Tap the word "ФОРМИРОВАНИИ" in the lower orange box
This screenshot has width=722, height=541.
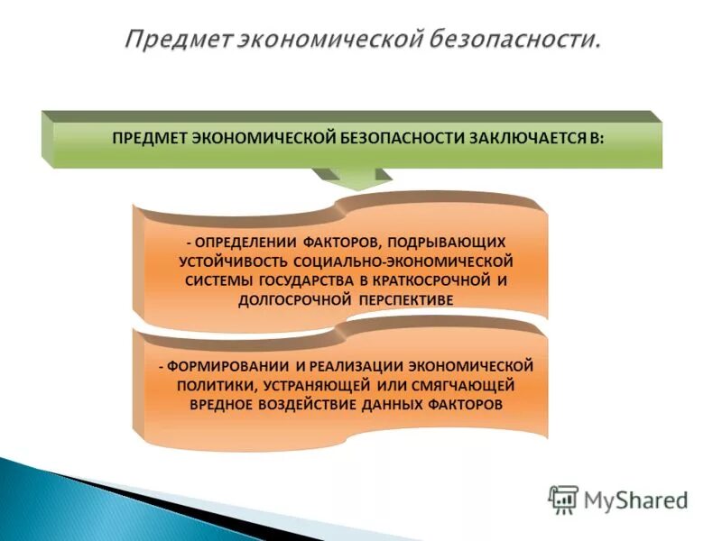(x=227, y=367)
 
